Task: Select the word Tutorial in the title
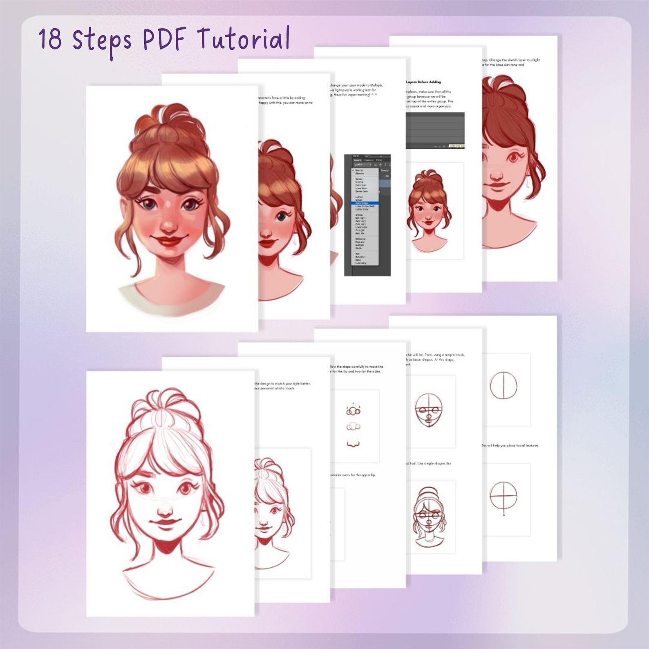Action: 244,40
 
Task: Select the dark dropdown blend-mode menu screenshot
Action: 367,215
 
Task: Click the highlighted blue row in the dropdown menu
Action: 365,203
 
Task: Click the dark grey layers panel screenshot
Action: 435,130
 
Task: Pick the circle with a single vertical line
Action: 503,385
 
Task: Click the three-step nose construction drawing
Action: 354,425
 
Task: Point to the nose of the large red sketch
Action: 166,509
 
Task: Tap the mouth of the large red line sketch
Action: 166,524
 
